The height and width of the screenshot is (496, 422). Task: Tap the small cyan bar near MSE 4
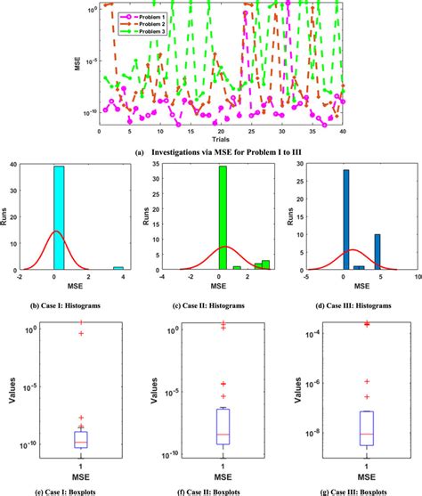click(118, 267)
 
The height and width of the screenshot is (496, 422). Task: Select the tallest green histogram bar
click(223, 217)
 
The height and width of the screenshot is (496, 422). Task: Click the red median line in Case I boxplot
click(82, 443)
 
